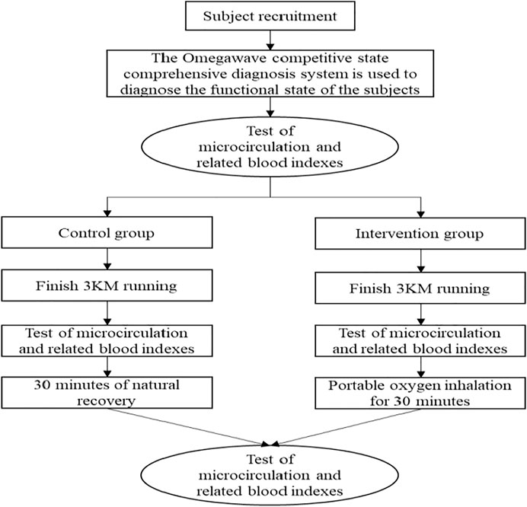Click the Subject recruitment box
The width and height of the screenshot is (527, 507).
(x=270, y=16)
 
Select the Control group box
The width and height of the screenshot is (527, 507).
(x=107, y=232)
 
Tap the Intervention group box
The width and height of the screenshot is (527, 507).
(x=420, y=234)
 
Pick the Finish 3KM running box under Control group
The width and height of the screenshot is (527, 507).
(x=107, y=285)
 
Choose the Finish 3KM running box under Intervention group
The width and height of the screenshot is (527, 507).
(x=420, y=288)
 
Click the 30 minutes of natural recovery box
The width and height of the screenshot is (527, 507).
(x=107, y=392)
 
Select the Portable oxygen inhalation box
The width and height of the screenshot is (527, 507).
(x=420, y=393)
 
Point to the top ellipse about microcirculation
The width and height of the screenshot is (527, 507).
(x=270, y=147)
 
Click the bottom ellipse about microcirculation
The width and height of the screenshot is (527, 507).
(x=270, y=475)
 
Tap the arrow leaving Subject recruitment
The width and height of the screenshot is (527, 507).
(x=270, y=40)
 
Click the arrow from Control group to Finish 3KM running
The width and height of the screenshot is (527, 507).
(x=107, y=259)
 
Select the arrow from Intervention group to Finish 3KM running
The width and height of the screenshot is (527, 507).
(x=421, y=260)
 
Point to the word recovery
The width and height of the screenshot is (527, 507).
(x=106, y=401)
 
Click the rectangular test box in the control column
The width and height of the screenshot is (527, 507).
(x=107, y=341)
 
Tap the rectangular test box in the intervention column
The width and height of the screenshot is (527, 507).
(x=420, y=341)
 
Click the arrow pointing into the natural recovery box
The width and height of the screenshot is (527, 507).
(x=107, y=367)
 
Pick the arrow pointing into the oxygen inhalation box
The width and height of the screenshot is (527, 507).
(x=421, y=367)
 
